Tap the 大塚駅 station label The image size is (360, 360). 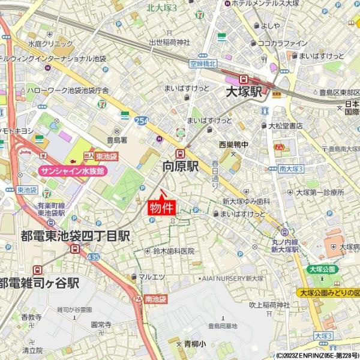click(x=244, y=92)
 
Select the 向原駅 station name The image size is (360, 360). click(x=181, y=166)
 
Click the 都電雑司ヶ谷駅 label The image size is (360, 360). click(x=40, y=283)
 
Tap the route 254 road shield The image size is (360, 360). click(x=142, y=121)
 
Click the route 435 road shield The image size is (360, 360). click(x=93, y=256)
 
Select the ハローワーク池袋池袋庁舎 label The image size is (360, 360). click(x=67, y=91)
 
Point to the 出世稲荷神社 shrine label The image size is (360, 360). click(x=169, y=42)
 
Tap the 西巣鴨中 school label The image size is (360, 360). click(x=233, y=144)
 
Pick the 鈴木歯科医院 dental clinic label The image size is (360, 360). click(x=174, y=251)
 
